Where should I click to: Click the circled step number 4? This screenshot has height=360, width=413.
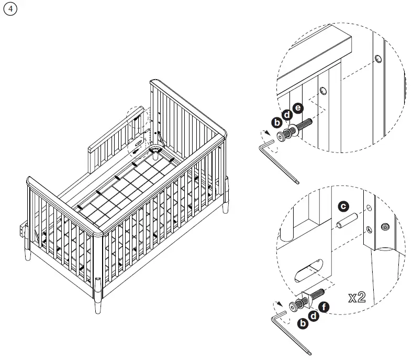[9, 9]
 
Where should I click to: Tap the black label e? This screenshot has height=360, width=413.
[298, 108]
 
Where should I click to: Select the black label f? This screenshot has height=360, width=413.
[323, 308]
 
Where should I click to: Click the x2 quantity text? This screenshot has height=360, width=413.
[357, 298]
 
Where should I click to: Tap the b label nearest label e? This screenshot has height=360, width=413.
[277, 123]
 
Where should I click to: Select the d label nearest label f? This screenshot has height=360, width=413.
[313, 315]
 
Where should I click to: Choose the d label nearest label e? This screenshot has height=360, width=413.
[287, 115]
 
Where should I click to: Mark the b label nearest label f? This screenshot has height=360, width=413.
[303, 323]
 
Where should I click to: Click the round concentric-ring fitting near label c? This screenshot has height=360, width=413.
[386, 226]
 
